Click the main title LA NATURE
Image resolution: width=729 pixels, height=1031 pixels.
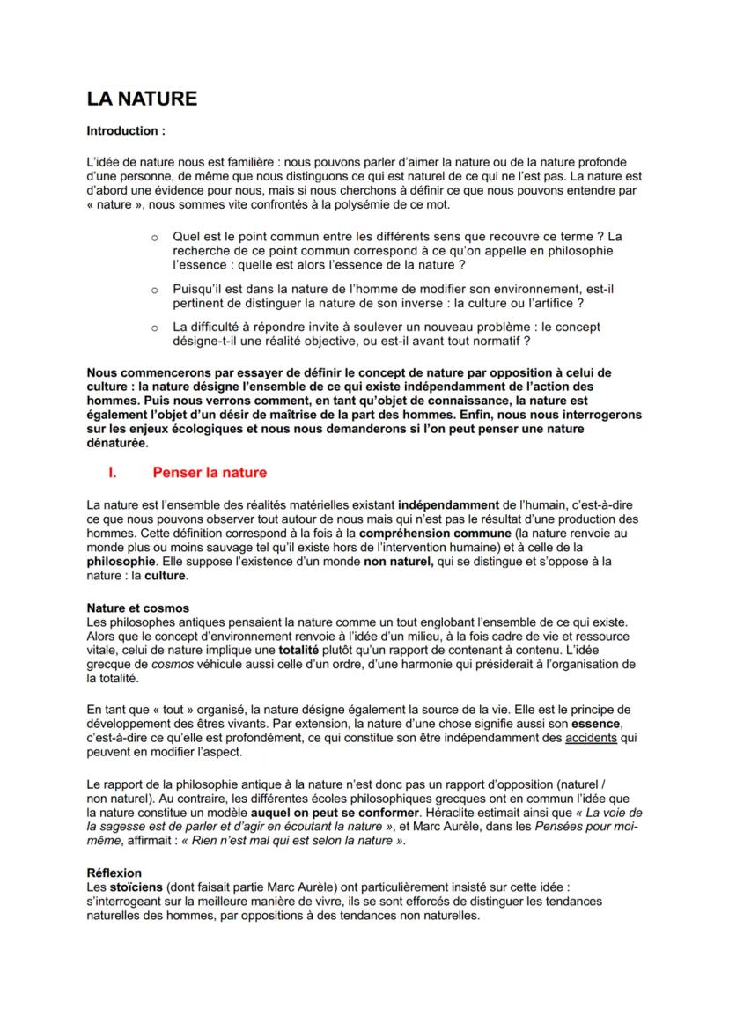(141, 99)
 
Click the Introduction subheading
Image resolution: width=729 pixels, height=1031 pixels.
(125, 131)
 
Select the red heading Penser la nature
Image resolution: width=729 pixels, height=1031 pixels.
(210, 473)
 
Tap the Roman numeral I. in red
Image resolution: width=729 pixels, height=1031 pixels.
(113, 473)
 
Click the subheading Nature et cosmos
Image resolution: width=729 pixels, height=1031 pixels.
(137, 608)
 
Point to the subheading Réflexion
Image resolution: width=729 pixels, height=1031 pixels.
(114, 873)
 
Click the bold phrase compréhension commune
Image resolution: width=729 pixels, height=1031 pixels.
(429, 534)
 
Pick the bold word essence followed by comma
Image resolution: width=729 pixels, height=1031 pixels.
(596, 724)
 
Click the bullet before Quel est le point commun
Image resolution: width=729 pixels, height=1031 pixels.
(153, 238)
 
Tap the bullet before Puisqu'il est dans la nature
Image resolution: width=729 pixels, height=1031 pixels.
(153, 289)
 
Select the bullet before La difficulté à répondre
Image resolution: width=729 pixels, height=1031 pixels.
(153, 328)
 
